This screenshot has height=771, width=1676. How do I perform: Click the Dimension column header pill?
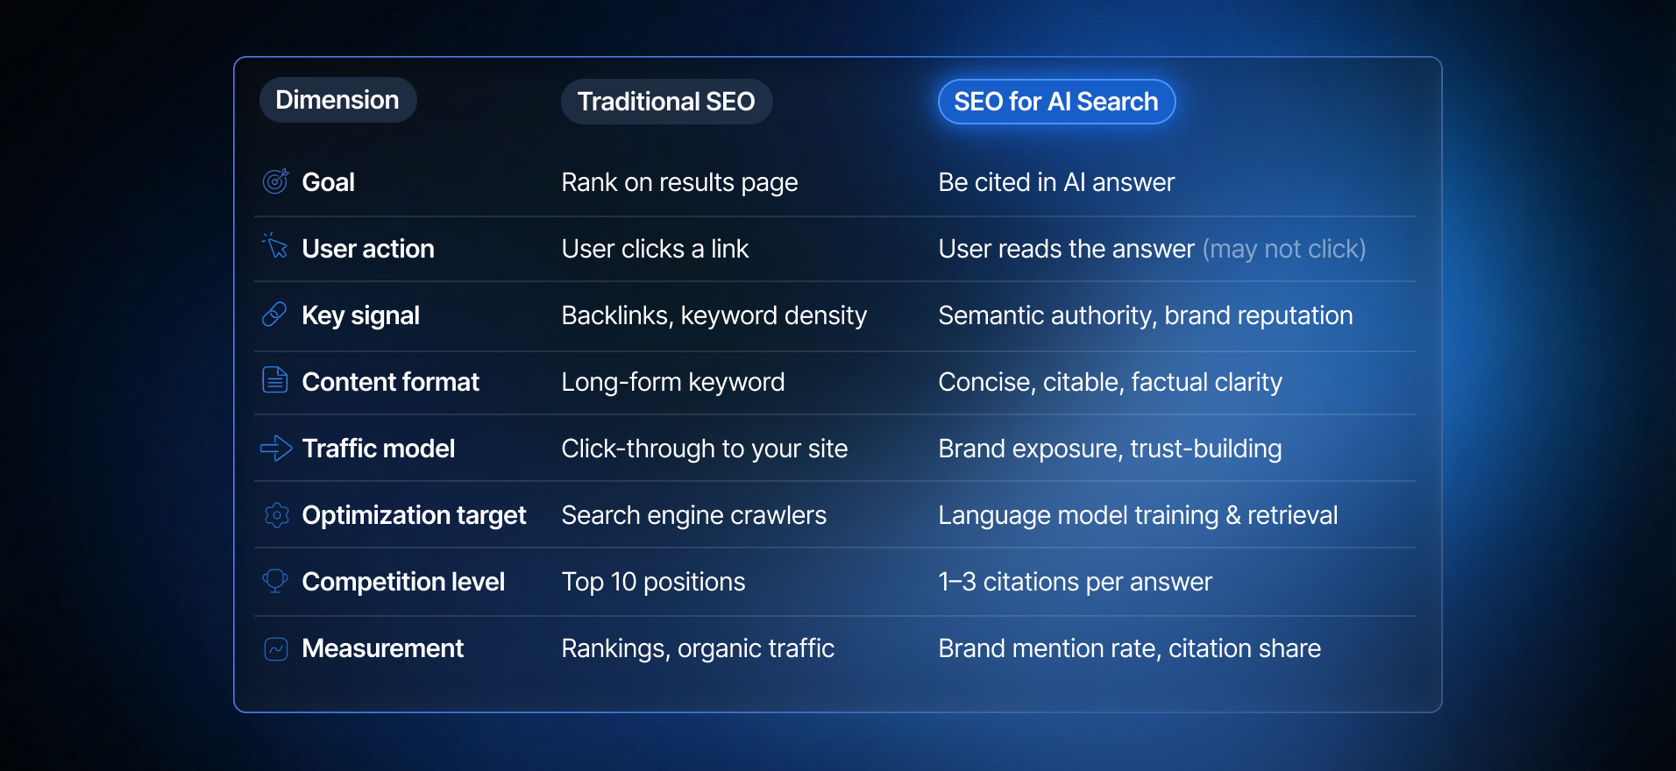point(337,100)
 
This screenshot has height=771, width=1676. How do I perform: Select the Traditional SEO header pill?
point(666,102)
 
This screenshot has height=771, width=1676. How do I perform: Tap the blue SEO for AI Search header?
point(1056,102)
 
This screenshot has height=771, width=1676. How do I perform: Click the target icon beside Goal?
point(275,181)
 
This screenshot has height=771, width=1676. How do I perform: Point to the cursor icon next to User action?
point(275,247)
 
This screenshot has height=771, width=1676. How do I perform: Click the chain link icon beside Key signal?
point(275,315)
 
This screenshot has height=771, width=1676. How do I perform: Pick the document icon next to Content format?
point(275,380)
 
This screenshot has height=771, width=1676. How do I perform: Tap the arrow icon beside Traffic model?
point(276,449)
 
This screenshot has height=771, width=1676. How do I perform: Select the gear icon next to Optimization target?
point(276,515)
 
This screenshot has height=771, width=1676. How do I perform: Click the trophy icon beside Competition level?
point(275,581)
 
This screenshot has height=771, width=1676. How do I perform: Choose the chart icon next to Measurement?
point(276,648)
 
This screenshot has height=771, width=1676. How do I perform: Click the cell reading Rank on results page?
point(679,182)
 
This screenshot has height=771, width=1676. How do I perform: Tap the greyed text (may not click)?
point(1284,249)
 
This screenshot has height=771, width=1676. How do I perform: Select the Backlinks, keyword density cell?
point(714,315)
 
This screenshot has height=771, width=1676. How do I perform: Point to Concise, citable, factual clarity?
point(1110,382)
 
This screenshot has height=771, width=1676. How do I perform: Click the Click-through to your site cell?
point(704,449)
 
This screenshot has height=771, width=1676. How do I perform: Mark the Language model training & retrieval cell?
point(1138,515)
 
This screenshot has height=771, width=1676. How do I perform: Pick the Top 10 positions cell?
point(653,582)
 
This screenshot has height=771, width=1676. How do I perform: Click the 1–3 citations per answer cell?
point(1075,582)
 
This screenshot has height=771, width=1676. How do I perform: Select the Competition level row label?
point(403,582)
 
